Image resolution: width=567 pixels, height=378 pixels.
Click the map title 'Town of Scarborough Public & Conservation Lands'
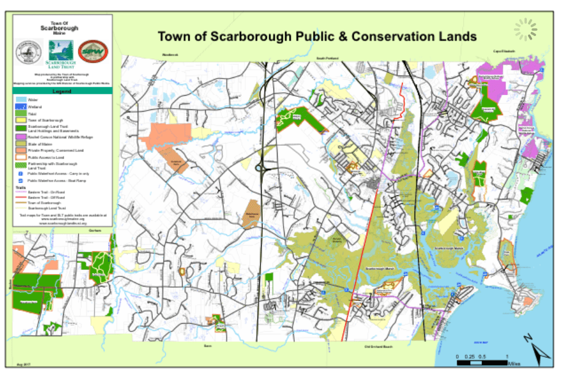coord(317,37)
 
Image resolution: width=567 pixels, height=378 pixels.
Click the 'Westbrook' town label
coord(170,54)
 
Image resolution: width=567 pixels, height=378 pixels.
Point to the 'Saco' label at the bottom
coord(207,346)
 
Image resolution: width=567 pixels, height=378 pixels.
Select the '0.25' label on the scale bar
coord(470,357)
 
